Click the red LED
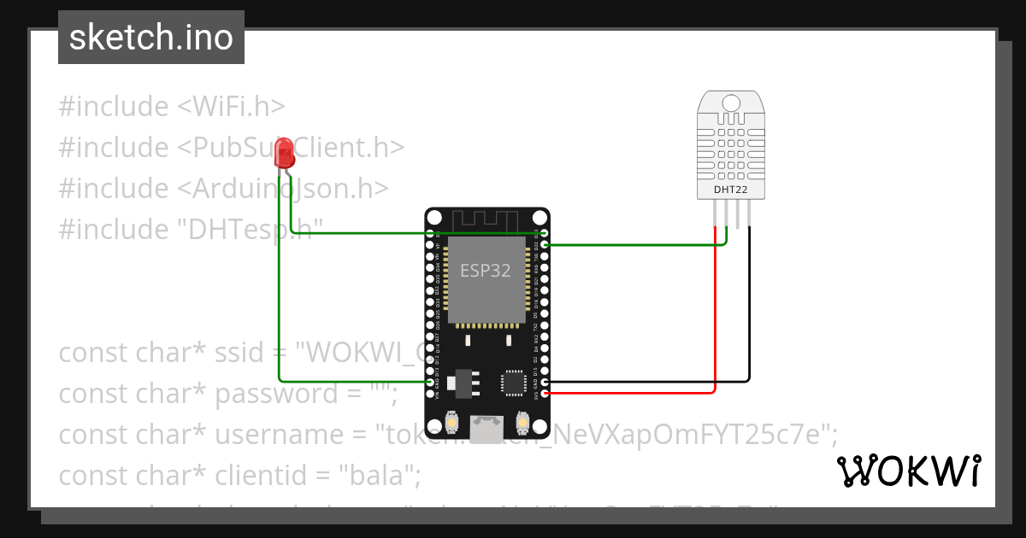[x=285, y=155]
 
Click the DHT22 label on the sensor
[x=730, y=189]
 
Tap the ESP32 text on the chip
[x=486, y=271]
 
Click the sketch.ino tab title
[x=151, y=38]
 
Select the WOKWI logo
[x=908, y=471]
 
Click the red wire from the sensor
[x=715, y=325]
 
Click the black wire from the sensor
[x=750, y=325]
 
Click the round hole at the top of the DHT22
[x=730, y=103]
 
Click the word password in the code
[x=265, y=394]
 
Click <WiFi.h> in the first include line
[x=231, y=107]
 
